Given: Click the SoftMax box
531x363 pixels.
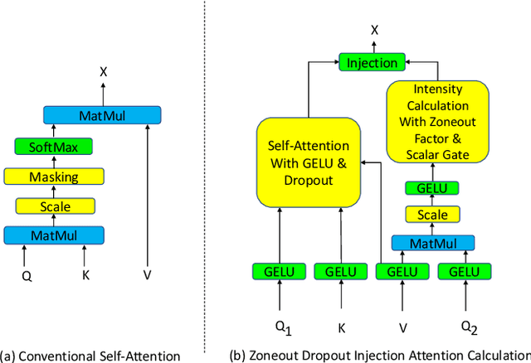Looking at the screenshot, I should [54, 147].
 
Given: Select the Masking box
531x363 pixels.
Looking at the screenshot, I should [54, 176].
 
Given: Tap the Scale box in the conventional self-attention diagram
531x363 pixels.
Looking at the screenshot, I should [54, 206].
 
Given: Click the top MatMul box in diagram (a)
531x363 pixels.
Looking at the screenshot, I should [102, 115].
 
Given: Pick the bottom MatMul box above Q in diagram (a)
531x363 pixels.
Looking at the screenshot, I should [54, 235].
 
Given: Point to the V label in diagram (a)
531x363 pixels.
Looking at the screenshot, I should [149, 273].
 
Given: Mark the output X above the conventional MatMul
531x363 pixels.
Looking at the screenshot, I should [103, 71].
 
